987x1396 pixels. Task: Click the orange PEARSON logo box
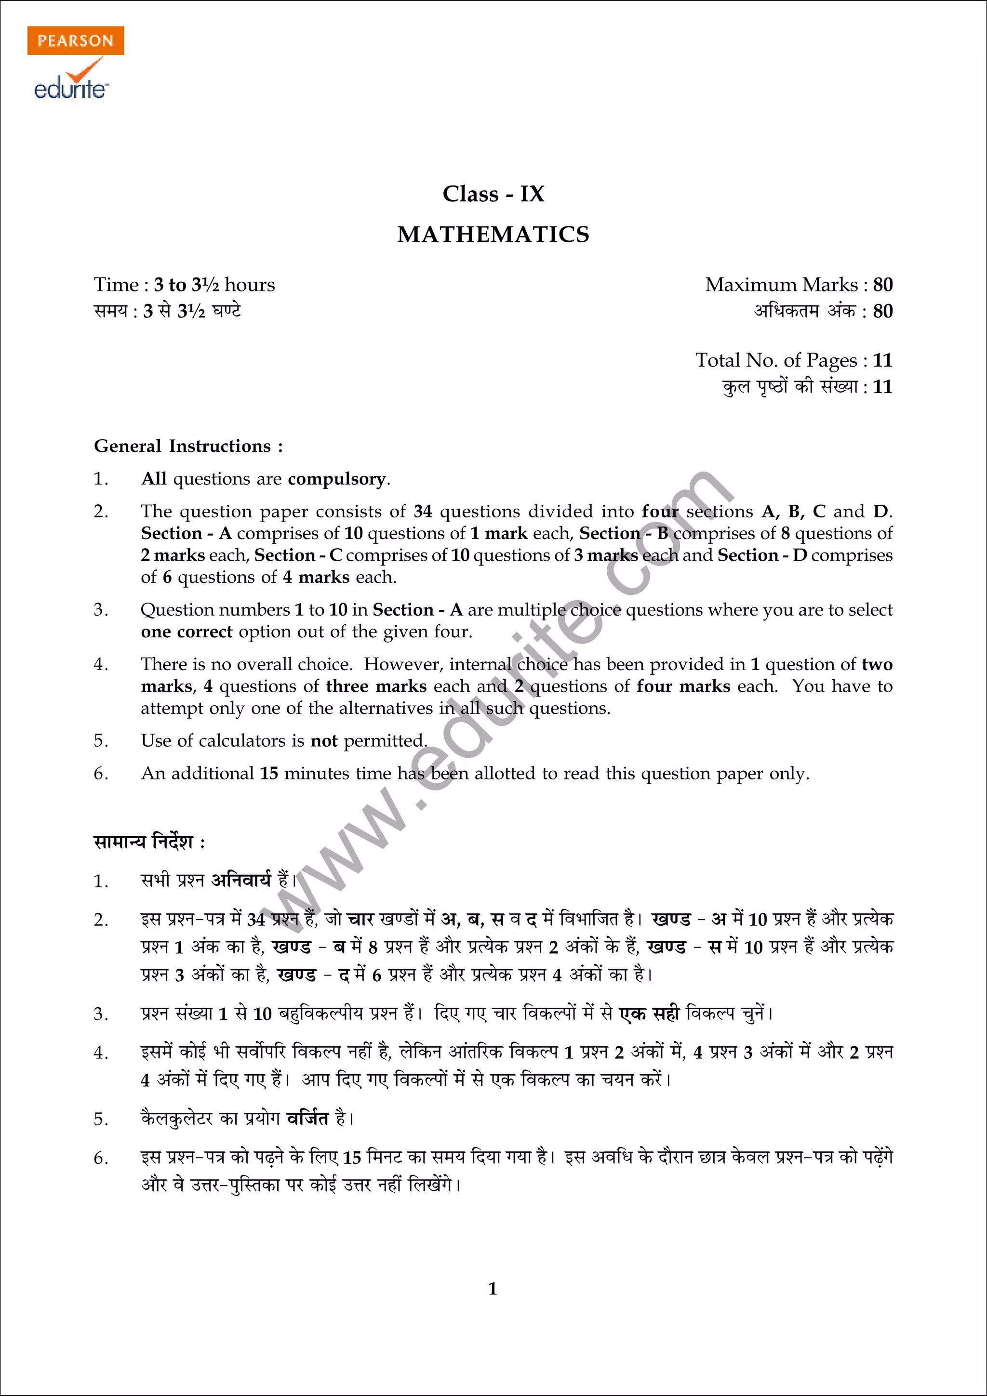coord(75,41)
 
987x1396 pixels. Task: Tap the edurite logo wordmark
coord(71,89)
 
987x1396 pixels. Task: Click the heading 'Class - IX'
coord(493,194)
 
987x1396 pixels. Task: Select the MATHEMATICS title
coord(493,235)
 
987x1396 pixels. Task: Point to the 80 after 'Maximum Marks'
coord(882,285)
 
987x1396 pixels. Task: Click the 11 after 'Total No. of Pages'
coord(882,360)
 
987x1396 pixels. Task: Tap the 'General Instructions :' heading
coord(188,446)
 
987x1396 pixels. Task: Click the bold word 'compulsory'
coord(336,479)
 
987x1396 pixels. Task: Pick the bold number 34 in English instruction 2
coord(423,512)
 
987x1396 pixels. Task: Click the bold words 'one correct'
coord(186,632)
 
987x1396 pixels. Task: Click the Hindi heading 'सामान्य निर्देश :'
coord(149,842)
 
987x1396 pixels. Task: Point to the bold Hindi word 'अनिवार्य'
coord(241,880)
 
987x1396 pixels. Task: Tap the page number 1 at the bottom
coord(493,1289)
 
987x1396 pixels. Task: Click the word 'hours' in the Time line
coord(250,285)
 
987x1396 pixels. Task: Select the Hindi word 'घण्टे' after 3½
coord(226,311)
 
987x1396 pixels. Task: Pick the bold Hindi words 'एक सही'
coord(648,1014)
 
